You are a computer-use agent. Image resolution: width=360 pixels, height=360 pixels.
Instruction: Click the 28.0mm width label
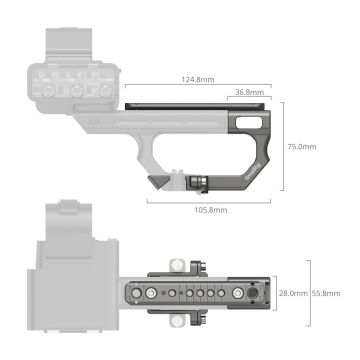pyautogui.click(x=291, y=293)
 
